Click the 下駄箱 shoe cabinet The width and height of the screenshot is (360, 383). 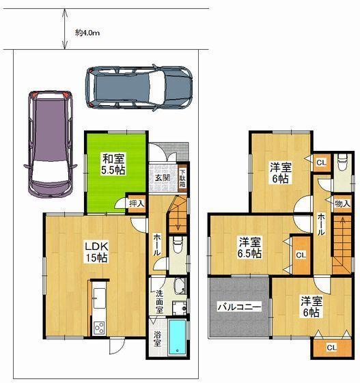click(x=182, y=179)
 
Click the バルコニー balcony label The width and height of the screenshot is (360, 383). click(x=239, y=309)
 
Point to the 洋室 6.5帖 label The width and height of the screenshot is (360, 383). click(x=249, y=247)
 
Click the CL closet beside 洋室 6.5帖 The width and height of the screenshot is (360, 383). click(x=300, y=254)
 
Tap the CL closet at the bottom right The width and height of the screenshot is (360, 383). click(x=331, y=347)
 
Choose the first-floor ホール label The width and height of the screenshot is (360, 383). click(x=156, y=244)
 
